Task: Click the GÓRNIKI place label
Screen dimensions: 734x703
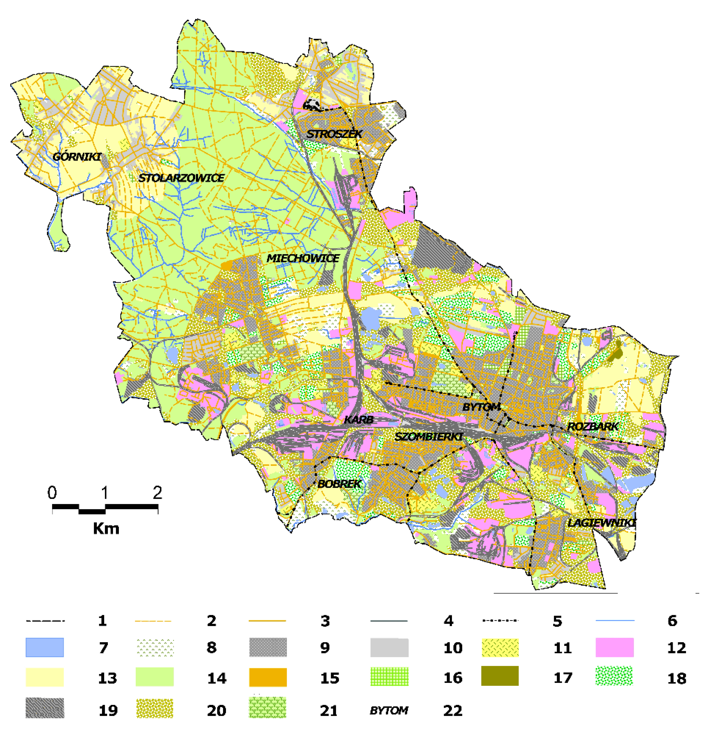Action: coord(77,157)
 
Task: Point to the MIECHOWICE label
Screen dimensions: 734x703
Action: coord(303,258)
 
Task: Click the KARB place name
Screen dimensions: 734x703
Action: coord(359,419)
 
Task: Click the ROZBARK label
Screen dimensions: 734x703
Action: coord(593,426)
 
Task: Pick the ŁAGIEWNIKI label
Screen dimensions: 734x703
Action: coord(601,523)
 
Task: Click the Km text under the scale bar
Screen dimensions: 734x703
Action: coord(106,528)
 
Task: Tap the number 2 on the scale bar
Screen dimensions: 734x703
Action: coord(157,492)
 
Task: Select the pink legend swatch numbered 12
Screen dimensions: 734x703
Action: coord(614,647)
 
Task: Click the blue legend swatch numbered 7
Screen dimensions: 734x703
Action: coord(44,647)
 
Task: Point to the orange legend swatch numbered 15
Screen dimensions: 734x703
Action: coord(268,677)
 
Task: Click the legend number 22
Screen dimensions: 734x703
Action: coord(453,710)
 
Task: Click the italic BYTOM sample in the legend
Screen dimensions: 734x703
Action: coord(389,710)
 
